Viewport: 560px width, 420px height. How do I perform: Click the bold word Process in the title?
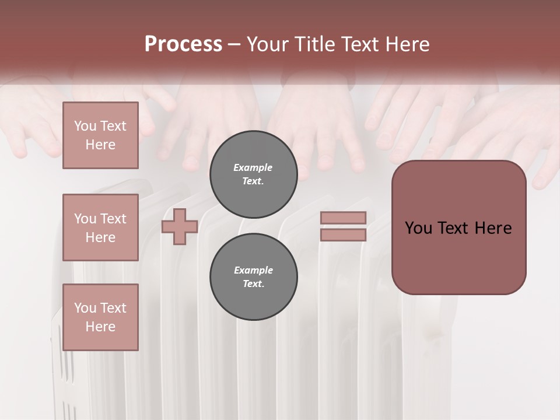[183, 44]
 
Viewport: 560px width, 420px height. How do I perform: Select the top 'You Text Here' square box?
[100, 135]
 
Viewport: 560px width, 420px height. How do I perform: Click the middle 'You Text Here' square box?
[100, 228]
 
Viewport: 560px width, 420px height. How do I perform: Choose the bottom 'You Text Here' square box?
[100, 317]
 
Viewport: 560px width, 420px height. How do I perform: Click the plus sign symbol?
[179, 226]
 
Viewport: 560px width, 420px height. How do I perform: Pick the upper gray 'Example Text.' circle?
[253, 174]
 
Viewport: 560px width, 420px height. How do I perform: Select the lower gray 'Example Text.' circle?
[253, 276]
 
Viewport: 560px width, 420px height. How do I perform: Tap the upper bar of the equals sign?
[343, 218]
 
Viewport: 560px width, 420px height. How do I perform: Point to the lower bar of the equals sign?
[343, 235]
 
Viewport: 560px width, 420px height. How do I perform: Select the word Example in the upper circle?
[253, 167]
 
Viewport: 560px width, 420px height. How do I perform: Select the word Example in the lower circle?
[253, 270]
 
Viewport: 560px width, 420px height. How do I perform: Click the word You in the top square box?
[85, 126]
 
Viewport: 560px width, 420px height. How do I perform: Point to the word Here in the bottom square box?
[100, 327]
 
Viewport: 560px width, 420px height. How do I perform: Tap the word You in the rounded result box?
[418, 228]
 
